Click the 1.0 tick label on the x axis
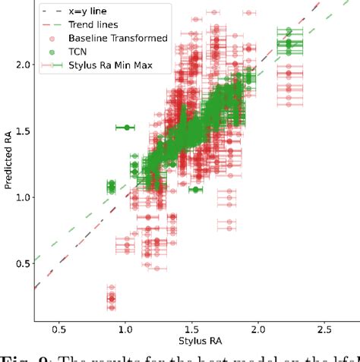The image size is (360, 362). [125, 330]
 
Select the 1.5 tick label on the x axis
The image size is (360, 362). [191, 330]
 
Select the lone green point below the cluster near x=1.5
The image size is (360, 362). [196, 190]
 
